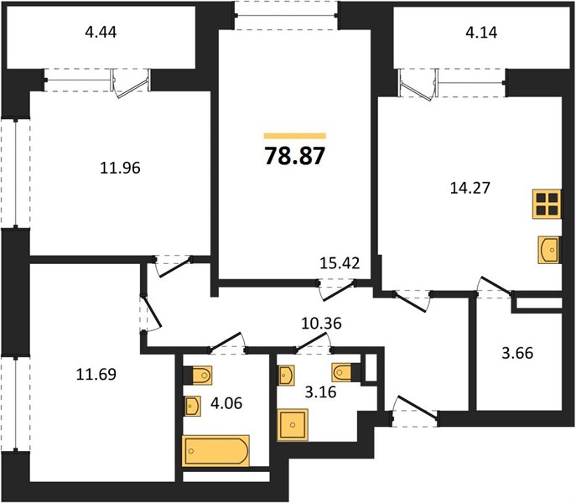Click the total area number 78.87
[294, 156]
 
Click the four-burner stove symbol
[547, 205]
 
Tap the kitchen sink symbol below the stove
[547, 249]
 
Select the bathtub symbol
[216, 451]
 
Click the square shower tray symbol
[294, 424]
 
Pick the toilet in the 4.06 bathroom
[202, 374]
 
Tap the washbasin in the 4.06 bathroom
[192, 407]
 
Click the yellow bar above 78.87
[294, 135]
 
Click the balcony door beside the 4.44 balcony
[132, 82]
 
